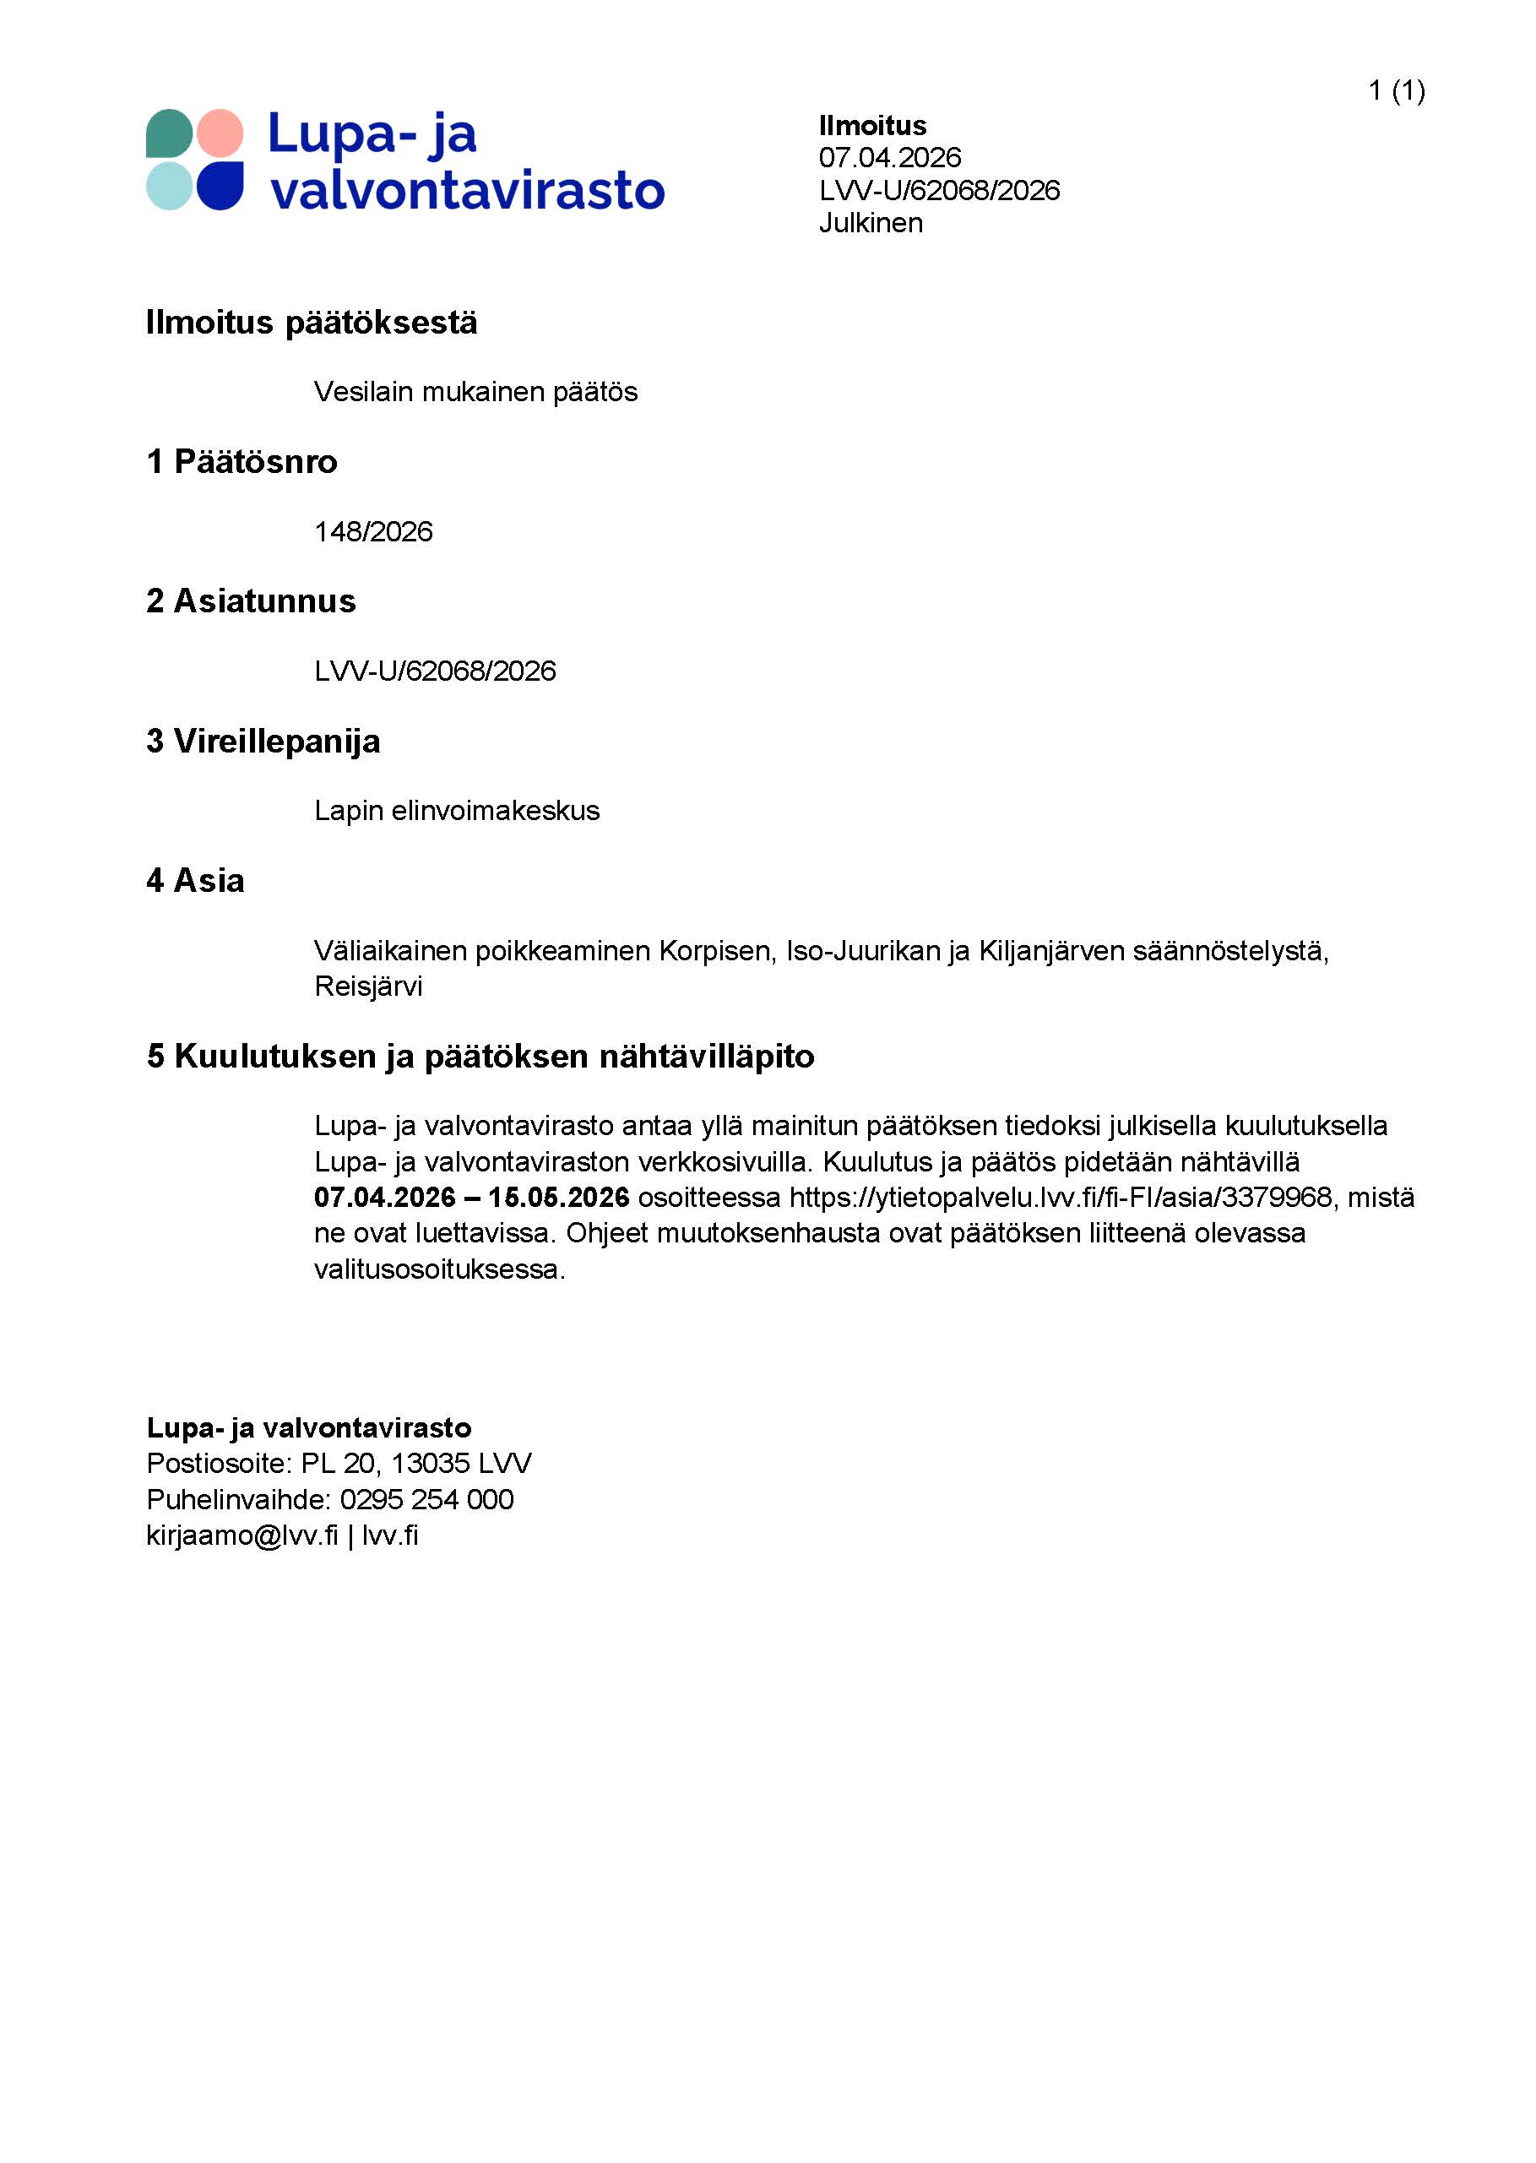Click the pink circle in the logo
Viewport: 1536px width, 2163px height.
[x=220, y=133]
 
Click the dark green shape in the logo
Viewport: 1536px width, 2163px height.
[x=169, y=133]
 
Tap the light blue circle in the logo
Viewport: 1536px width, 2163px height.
[x=169, y=185]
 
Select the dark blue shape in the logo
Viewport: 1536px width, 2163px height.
[x=220, y=185]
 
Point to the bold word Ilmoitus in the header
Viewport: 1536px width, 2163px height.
[x=872, y=125]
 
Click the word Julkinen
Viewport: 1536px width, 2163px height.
[x=870, y=222]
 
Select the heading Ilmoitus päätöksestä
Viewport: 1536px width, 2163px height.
[x=312, y=323]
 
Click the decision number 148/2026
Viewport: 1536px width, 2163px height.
[x=372, y=531]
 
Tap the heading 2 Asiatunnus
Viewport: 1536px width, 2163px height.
[x=251, y=601]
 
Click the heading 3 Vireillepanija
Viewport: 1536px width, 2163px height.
[x=263, y=742]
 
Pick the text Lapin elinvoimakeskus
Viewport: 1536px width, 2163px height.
[x=457, y=811]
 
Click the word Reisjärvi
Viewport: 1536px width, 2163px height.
[x=368, y=986]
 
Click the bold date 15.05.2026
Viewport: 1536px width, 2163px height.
[x=559, y=1198]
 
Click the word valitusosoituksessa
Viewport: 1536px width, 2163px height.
[x=439, y=1269]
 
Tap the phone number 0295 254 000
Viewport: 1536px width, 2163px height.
[x=426, y=1499]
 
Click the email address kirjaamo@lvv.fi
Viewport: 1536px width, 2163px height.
[x=242, y=1535]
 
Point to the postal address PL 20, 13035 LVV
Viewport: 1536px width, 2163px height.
[x=416, y=1463]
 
